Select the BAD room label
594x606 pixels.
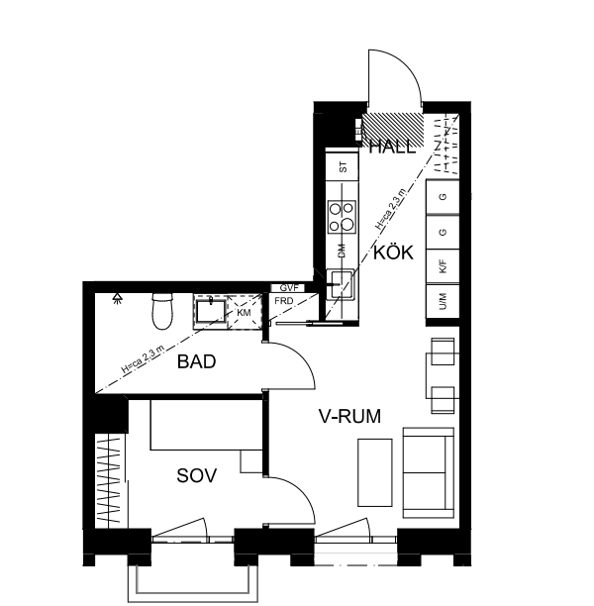[196, 362]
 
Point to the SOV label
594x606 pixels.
[196, 476]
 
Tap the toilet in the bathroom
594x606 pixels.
[161, 312]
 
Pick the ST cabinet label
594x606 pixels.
[343, 167]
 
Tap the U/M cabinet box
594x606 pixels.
[443, 303]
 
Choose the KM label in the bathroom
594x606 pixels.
[243, 313]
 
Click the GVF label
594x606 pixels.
[288, 287]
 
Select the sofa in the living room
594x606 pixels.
[428, 471]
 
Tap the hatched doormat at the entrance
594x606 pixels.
[392, 128]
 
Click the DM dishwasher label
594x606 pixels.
[343, 251]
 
